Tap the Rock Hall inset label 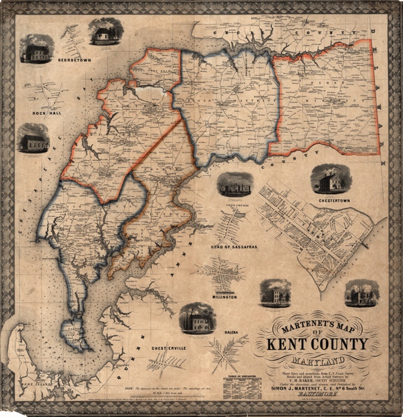[47, 112]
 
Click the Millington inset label [225, 297]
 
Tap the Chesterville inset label [169, 347]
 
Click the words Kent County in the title [318, 345]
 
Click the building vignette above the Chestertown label [331, 179]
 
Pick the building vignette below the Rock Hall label [33, 138]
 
